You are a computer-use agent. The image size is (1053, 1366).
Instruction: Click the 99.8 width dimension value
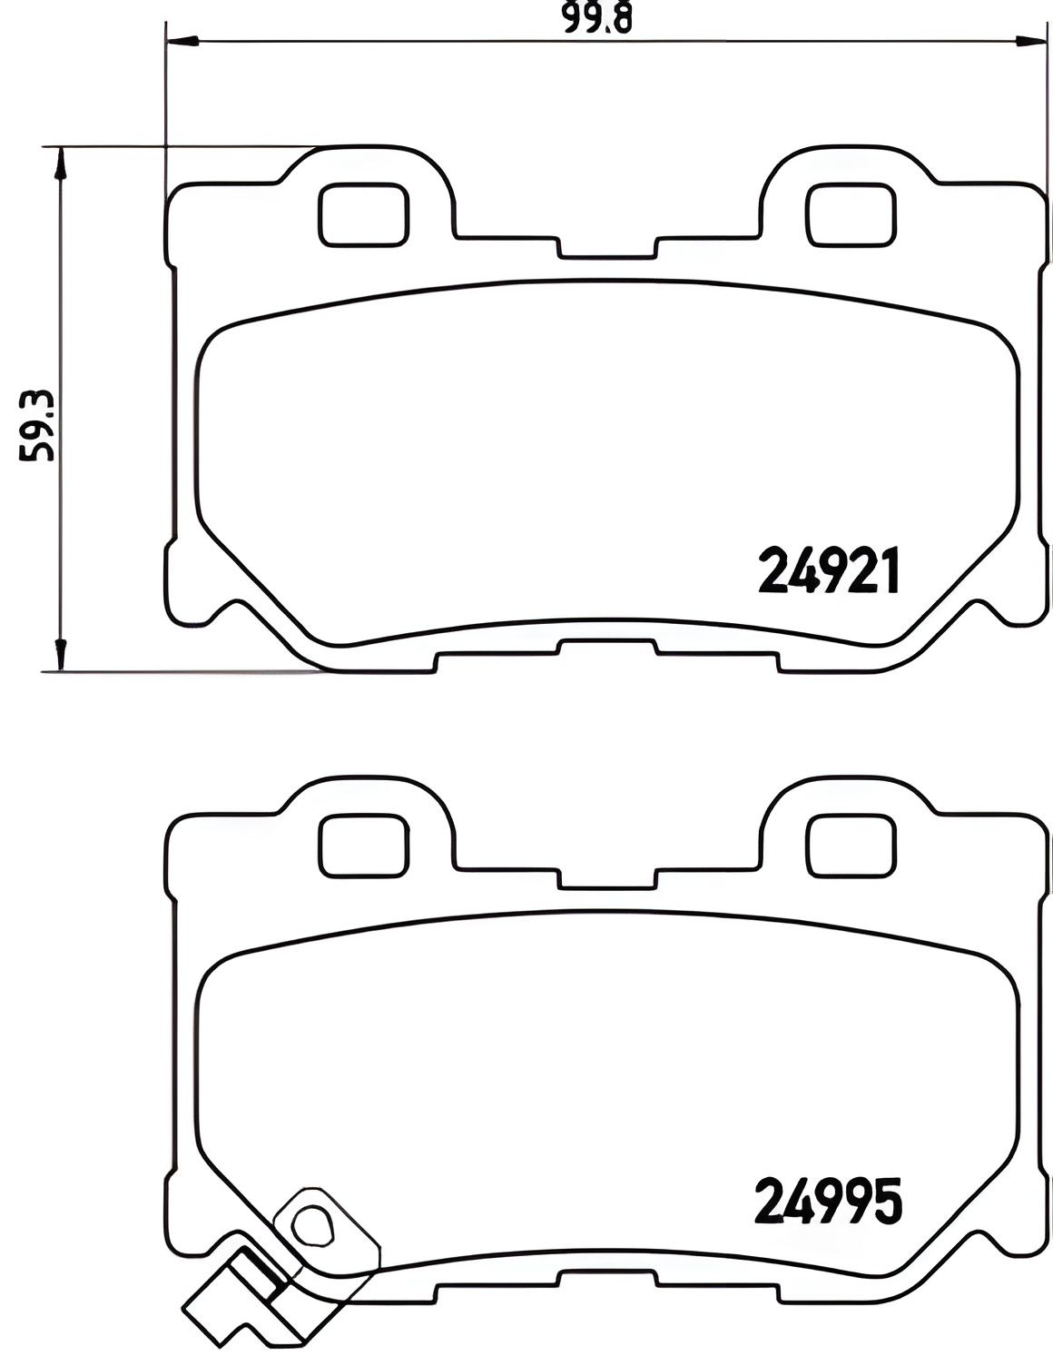click(x=596, y=18)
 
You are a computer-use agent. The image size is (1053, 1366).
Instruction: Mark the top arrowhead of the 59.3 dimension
click(x=60, y=163)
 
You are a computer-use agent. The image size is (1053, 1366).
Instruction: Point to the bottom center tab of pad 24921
click(x=606, y=646)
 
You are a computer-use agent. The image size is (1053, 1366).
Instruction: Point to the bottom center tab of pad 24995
click(x=606, y=1277)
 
